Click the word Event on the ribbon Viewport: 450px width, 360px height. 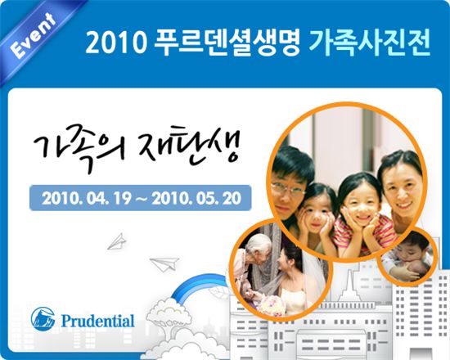(x=34, y=36)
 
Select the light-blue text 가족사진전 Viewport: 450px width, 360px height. (x=370, y=43)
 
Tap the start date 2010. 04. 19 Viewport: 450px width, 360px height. (x=87, y=198)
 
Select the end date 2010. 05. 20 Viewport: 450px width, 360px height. (x=196, y=198)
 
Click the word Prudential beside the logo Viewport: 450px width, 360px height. (x=98, y=321)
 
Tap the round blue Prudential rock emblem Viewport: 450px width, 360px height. (x=43, y=319)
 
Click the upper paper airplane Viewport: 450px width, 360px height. (x=117, y=241)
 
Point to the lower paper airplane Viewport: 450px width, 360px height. (x=164, y=263)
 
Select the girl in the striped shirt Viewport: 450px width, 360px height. (x=362, y=214)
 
